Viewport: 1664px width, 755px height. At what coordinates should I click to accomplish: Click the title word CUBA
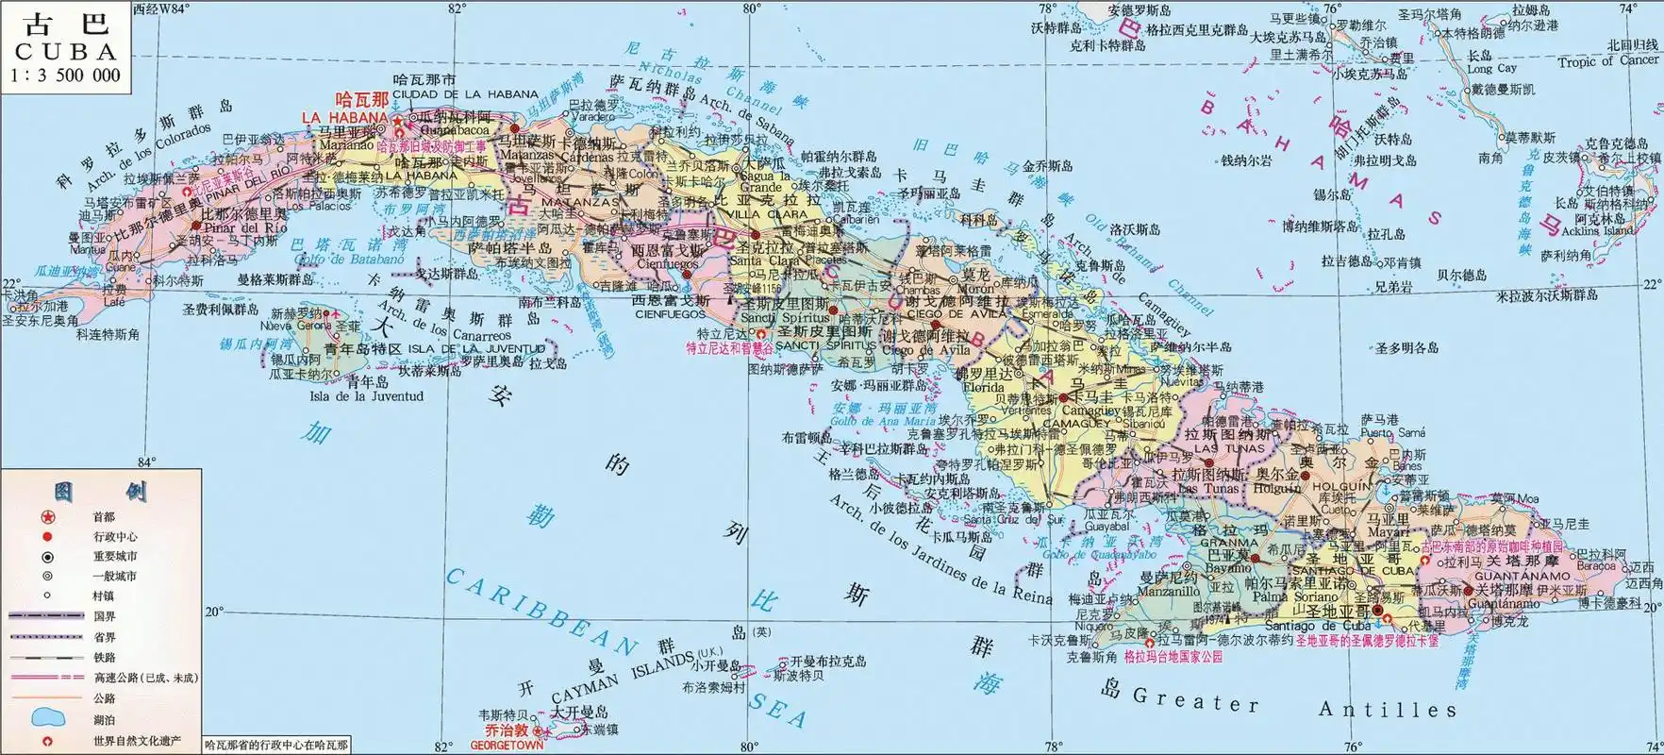click(65, 52)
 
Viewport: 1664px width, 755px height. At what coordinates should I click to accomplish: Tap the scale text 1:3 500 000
click(65, 75)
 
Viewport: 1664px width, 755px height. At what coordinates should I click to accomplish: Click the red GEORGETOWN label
click(508, 745)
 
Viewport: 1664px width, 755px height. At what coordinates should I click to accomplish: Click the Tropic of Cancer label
click(1607, 61)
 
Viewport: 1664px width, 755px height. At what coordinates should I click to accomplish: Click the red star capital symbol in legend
click(47, 516)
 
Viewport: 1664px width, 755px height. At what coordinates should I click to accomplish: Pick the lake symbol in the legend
click(47, 719)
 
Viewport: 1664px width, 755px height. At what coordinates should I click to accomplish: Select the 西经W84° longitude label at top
click(161, 8)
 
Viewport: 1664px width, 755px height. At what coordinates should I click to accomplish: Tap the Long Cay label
click(1491, 69)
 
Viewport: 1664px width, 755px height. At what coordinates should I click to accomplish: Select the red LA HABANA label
click(344, 117)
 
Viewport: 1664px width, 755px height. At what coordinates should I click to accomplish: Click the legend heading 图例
click(100, 492)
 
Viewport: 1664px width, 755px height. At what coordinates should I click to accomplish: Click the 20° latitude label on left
click(214, 612)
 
